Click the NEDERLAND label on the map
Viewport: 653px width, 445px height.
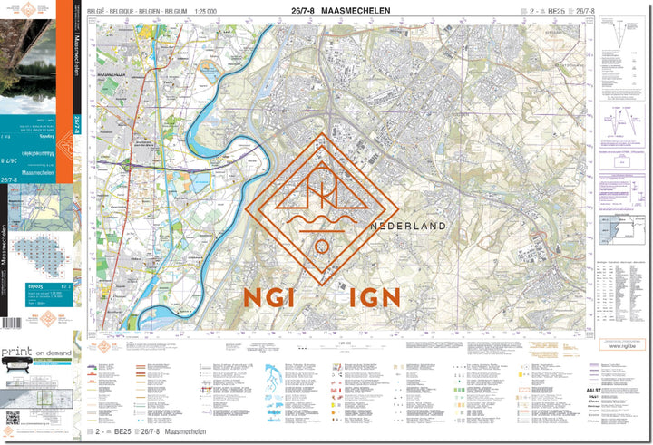point(408,226)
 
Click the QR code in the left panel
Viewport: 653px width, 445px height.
point(13,418)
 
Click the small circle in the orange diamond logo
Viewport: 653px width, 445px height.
point(321,246)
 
